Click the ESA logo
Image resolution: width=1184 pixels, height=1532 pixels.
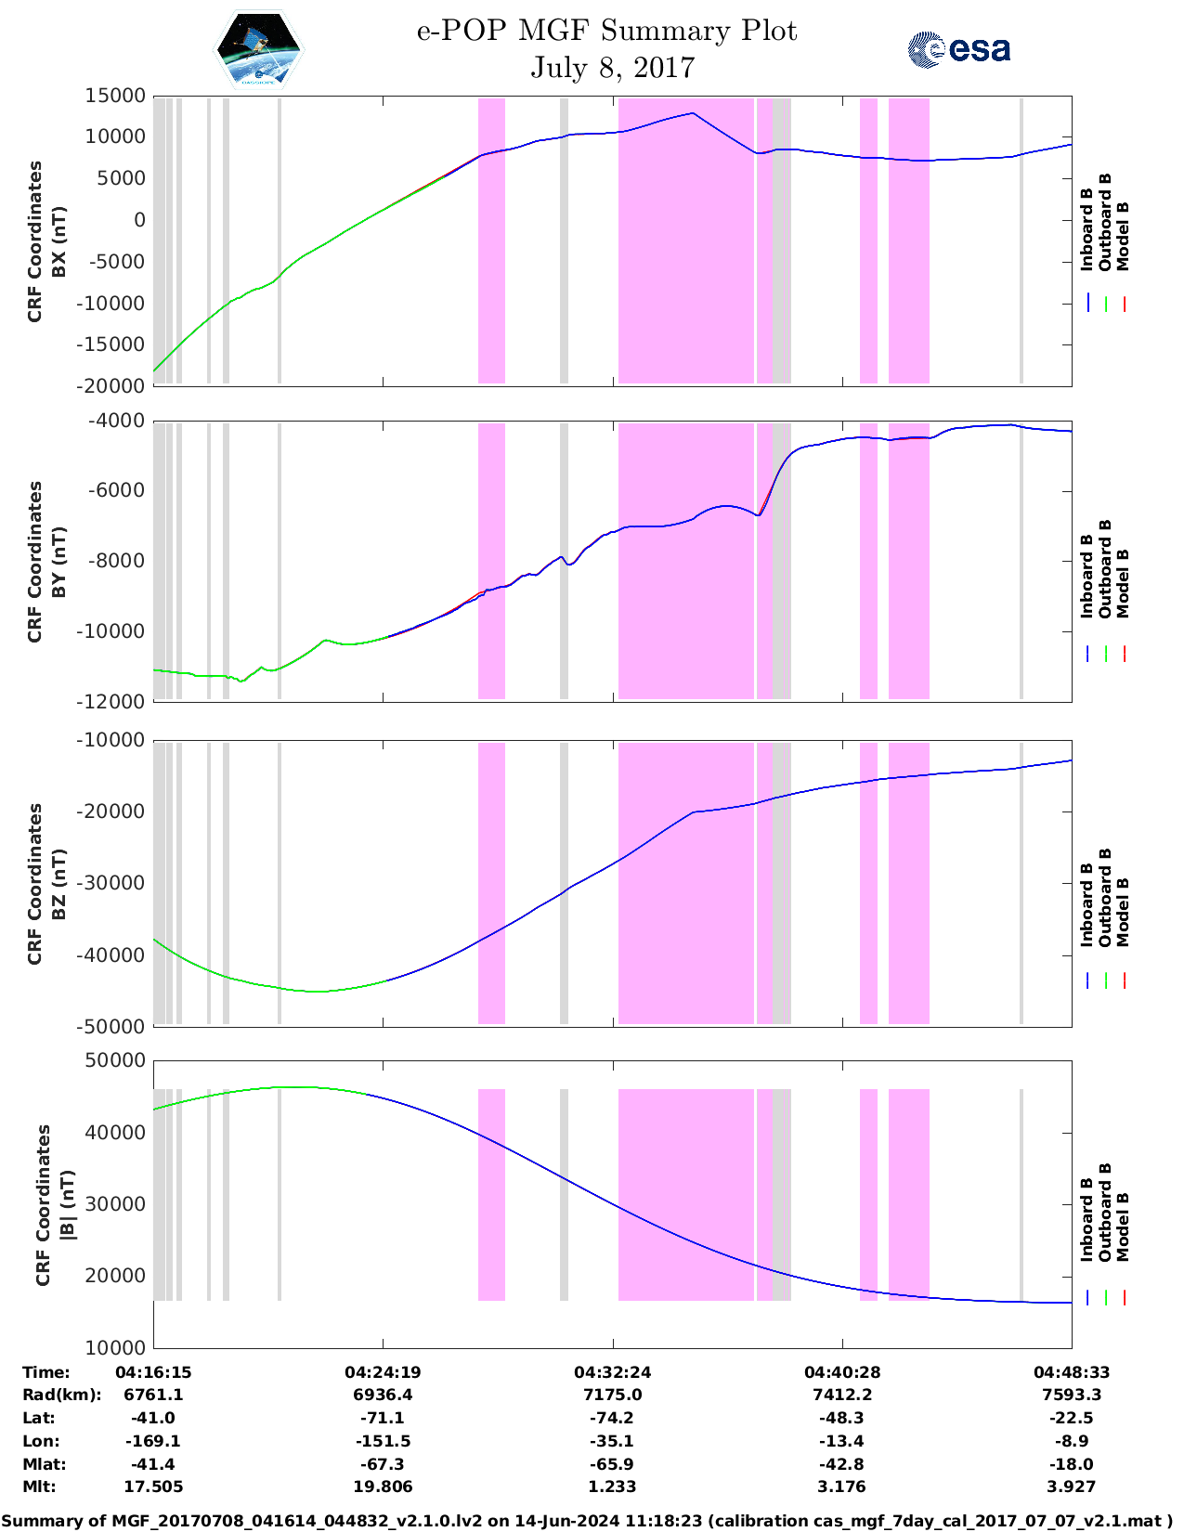(959, 49)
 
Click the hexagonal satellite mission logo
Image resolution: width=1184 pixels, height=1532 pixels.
(259, 50)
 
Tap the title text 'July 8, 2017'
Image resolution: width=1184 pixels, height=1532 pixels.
(612, 68)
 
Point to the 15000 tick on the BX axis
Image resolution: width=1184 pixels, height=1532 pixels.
(115, 96)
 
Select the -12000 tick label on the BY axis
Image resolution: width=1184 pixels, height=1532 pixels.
(116, 702)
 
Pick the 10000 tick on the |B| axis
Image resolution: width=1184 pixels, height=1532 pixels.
(116, 1347)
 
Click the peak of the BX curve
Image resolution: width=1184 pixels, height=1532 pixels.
(692, 113)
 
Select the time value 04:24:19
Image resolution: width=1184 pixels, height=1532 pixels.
(383, 1372)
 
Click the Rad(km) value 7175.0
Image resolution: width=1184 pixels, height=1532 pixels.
(612, 1395)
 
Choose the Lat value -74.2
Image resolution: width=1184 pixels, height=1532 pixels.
(612, 1418)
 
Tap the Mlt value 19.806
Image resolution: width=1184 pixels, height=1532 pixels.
(383, 1487)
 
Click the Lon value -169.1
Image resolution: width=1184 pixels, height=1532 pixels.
(153, 1441)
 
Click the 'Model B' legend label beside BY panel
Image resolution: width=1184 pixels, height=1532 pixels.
(1123, 583)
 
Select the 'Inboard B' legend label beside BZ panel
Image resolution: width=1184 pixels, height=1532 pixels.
(1086, 905)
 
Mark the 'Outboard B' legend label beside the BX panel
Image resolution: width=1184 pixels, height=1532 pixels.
(1105, 223)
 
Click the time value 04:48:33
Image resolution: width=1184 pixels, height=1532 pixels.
(1072, 1372)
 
